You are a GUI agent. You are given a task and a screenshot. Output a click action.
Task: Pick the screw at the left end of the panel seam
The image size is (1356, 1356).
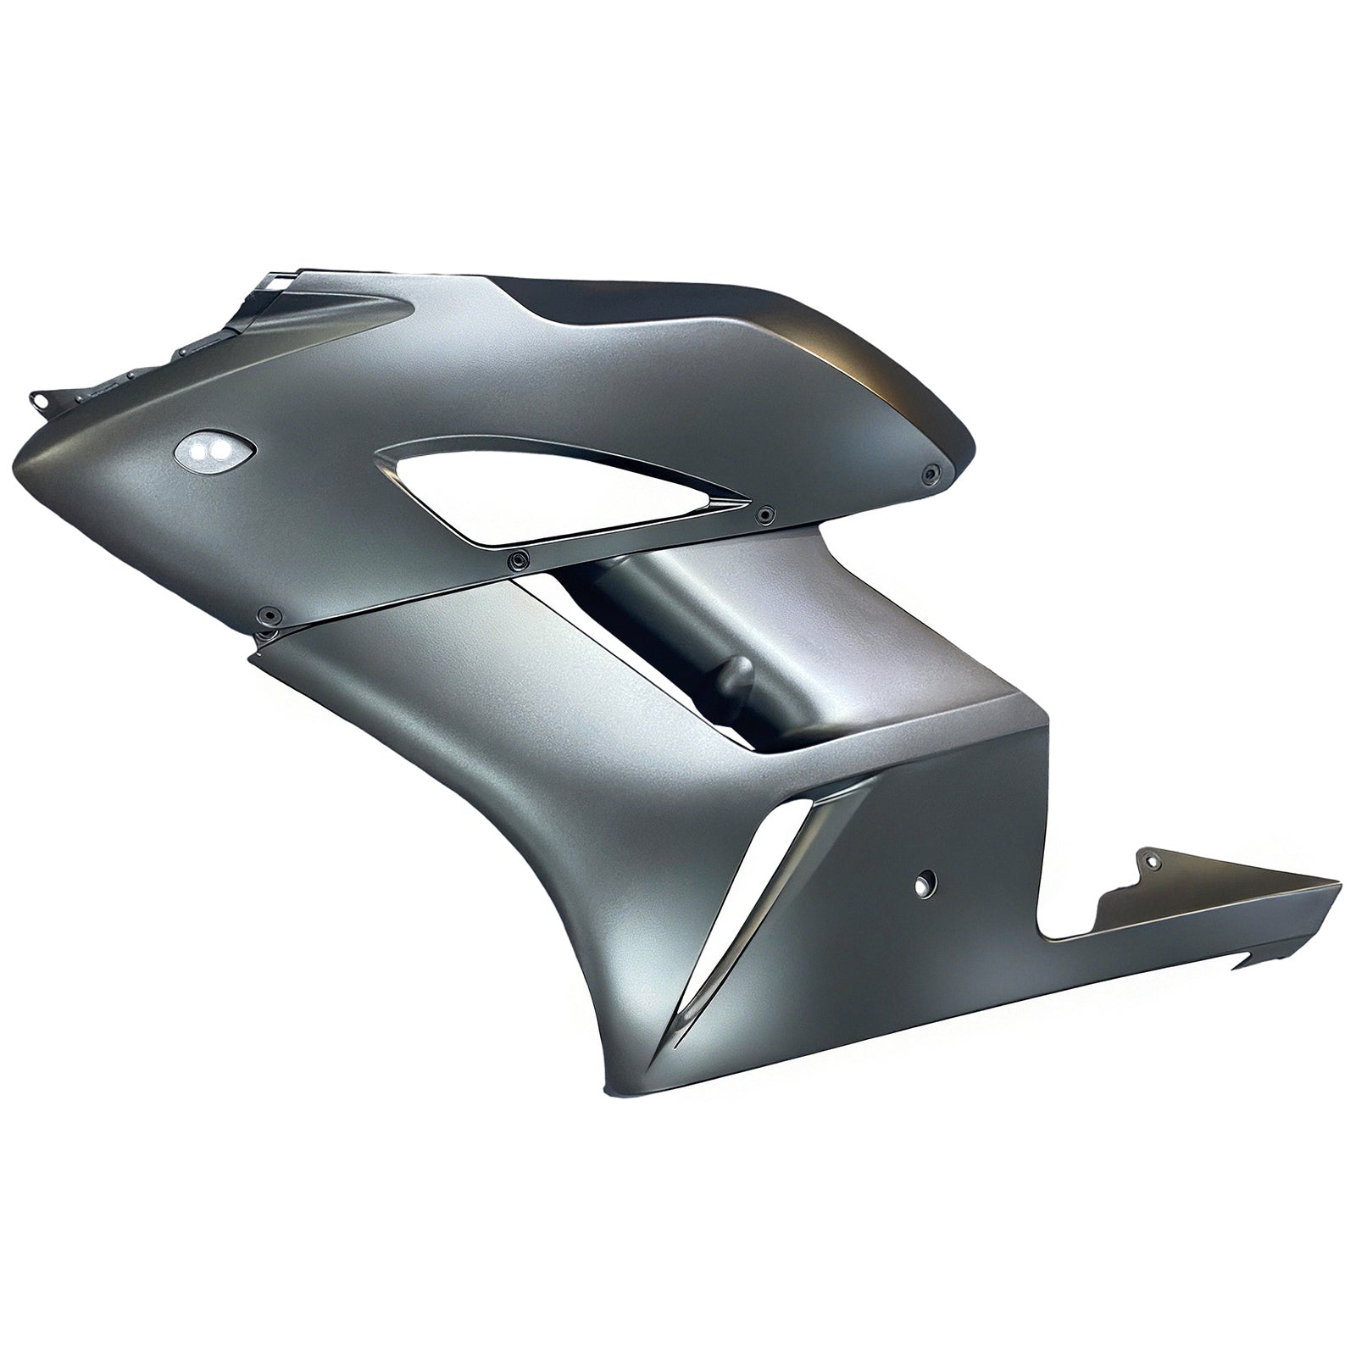point(270,614)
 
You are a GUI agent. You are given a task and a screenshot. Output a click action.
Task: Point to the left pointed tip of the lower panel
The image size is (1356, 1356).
point(249,654)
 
